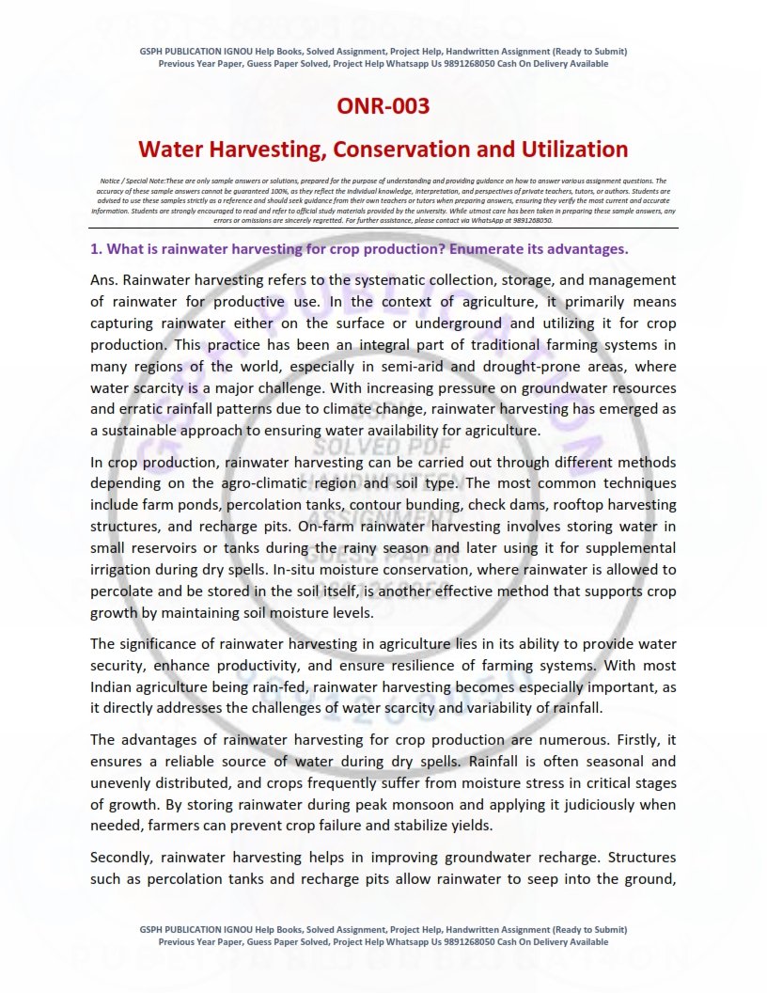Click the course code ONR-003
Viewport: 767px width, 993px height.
point(383,105)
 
